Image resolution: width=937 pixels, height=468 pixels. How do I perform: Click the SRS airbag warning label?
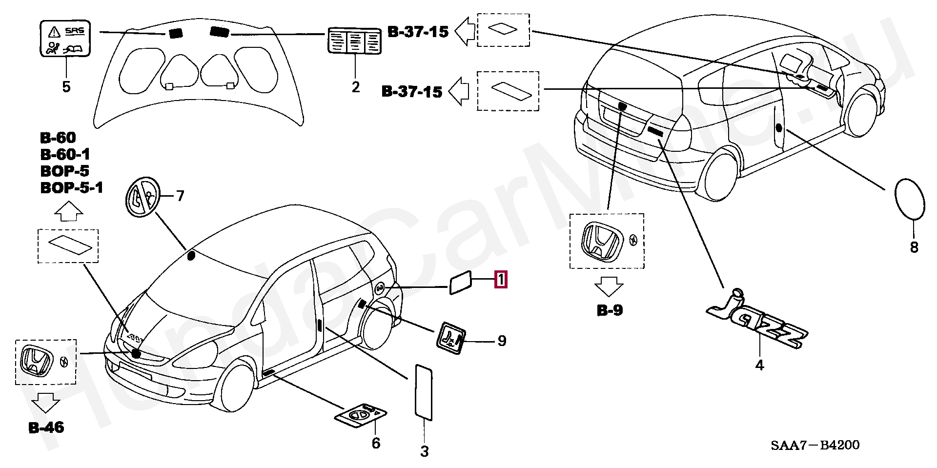pos(65,39)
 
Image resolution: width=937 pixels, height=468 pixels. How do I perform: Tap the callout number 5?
pos(66,87)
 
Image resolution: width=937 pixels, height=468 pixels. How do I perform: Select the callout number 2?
pos(355,87)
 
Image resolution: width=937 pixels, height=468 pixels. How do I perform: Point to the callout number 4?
pos(759,365)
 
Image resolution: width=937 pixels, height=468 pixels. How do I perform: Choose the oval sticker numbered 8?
pos(910,199)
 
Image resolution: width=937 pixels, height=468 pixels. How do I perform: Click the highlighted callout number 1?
pos(501,280)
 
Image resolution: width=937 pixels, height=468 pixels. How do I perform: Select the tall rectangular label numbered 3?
pos(424,391)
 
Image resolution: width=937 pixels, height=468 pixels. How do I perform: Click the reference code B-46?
pos(46,428)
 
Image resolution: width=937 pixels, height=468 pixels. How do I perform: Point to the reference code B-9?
pos(610,310)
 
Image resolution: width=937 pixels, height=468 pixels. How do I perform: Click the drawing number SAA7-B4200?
pos(815,445)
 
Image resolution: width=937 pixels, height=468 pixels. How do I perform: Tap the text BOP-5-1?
pos(72,188)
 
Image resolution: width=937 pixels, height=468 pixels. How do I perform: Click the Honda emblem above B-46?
pos(36,362)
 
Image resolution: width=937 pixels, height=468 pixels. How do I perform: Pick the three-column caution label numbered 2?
pos(354,41)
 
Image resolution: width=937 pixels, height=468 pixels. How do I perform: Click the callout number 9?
pos(502,341)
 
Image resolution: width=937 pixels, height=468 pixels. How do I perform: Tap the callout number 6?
pos(376,443)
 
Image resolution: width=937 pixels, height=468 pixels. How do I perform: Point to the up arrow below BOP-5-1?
pos(68,212)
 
